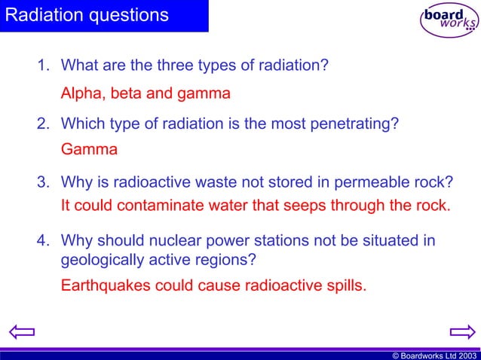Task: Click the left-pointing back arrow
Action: (21, 331)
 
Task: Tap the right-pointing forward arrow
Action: (461, 331)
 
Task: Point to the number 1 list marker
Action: (43, 66)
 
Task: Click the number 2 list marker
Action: (43, 124)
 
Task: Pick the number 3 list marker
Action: (43, 182)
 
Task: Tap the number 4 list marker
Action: (43, 241)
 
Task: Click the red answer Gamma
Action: (89, 149)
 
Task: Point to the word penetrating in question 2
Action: (357, 124)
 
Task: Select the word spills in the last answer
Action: (345, 286)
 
